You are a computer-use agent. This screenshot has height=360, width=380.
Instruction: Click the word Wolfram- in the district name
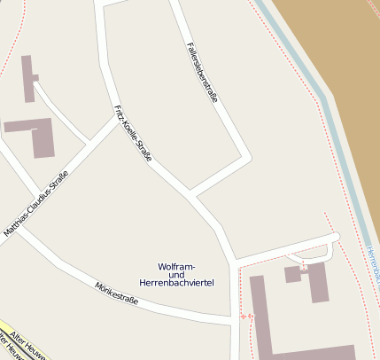tap(176, 266)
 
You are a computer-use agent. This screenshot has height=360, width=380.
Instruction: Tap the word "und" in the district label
tap(176, 274)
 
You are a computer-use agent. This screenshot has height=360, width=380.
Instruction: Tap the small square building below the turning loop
tap(293, 274)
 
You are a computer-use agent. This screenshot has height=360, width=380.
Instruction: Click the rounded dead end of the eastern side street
tap(335, 237)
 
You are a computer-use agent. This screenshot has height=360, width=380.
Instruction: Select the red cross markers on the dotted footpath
tap(245, 316)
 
